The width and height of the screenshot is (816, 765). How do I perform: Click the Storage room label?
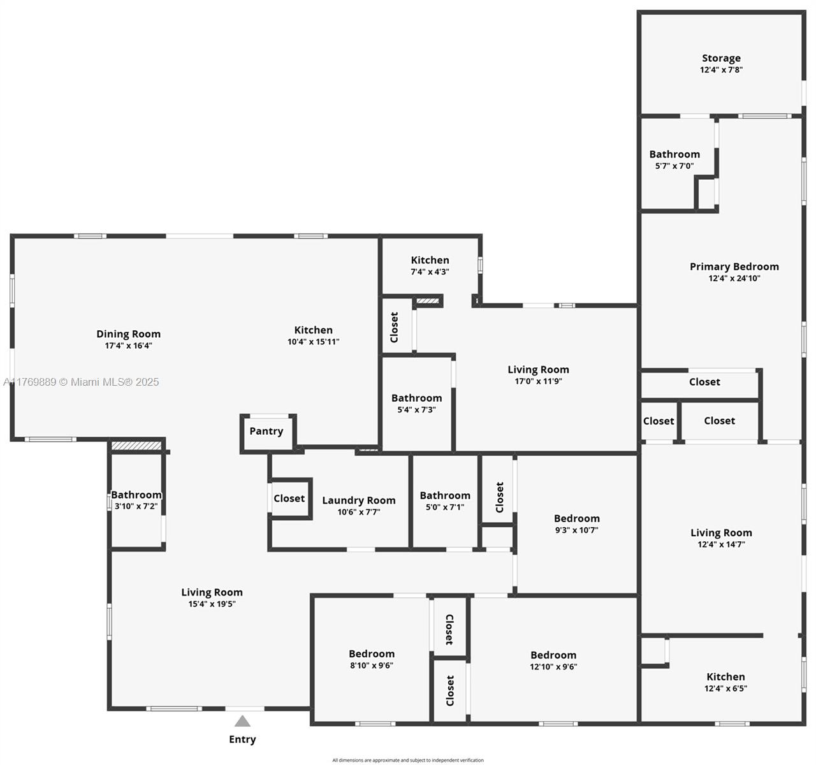pos(721,58)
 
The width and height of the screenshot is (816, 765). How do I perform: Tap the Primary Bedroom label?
pos(734,266)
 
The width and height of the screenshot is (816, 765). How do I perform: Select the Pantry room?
pos(266,432)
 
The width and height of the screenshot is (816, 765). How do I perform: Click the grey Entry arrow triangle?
pos(242,722)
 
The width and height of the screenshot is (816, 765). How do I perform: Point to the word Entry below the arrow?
pos(242,739)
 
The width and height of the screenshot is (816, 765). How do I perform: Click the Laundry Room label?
pos(358,500)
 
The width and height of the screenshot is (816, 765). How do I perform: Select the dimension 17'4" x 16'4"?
pos(128,346)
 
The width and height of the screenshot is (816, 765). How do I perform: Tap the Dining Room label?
pos(128,334)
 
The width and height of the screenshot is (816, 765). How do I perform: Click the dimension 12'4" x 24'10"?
pos(734,279)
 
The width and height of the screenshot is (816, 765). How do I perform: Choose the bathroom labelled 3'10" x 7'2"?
pos(136,500)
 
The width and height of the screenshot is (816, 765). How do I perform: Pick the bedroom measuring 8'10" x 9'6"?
pos(371,660)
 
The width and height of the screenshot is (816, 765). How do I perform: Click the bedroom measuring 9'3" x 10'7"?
pos(576,524)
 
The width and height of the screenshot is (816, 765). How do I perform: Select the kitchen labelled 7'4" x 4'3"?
pos(430,265)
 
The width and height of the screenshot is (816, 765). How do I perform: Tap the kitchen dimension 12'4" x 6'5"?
pos(725,689)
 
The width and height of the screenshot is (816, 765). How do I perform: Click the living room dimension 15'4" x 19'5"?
pos(212,604)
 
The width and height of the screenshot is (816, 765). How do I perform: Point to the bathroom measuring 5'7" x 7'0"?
pos(674,159)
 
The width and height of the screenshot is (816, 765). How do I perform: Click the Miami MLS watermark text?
pos(82,382)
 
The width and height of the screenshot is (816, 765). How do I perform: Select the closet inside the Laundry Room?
pos(289,499)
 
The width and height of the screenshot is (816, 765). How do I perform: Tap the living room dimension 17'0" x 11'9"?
pos(538,382)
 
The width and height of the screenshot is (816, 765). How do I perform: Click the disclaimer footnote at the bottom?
pos(408,760)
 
